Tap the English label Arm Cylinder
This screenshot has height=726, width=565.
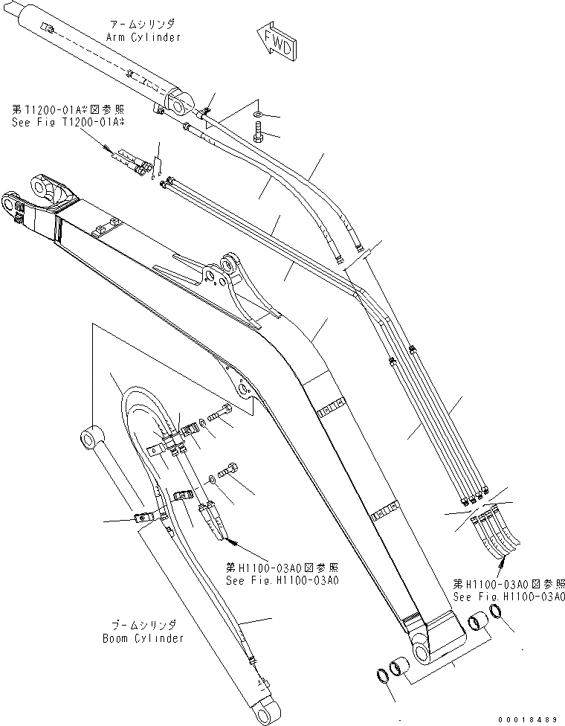[x=145, y=36]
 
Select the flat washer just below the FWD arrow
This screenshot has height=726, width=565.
[x=257, y=114]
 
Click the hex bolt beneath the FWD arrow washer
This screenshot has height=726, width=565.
[x=257, y=134]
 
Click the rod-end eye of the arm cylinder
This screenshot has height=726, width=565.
[x=178, y=104]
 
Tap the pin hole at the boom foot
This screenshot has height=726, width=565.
[x=422, y=652]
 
